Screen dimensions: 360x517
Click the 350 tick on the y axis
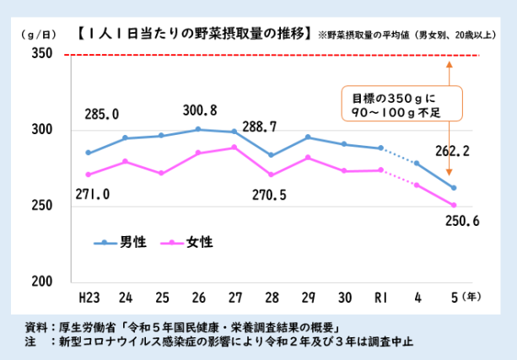(42, 55)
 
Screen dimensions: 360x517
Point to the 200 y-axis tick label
(42, 281)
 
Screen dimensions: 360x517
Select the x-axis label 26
(198, 297)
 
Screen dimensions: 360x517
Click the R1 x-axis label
(381, 297)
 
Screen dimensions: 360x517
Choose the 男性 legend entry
(120, 242)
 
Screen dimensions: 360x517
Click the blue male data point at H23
(88, 153)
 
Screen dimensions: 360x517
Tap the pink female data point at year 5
(454, 205)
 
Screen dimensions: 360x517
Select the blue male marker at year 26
(198, 129)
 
